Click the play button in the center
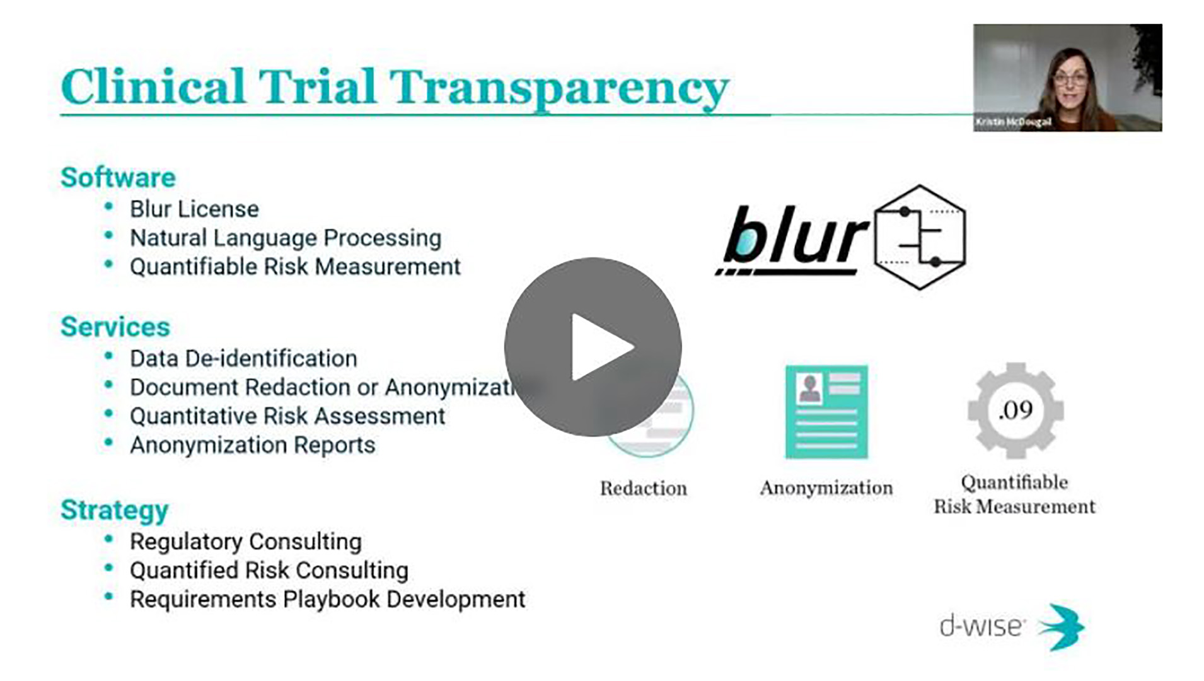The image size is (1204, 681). pyautogui.click(x=593, y=347)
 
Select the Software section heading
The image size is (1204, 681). pyautogui.click(x=118, y=177)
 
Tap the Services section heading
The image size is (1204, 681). pyautogui.click(x=115, y=327)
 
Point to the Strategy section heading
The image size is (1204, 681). pyautogui.click(x=115, y=509)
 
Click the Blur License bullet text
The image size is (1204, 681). pyautogui.click(x=194, y=209)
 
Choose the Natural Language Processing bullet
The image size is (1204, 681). pyautogui.click(x=285, y=238)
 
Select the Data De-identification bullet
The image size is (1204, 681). pyautogui.click(x=243, y=358)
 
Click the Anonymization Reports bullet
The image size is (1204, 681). pyautogui.click(x=252, y=445)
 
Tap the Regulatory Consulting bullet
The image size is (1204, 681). pyautogui.click(x=245, y=541)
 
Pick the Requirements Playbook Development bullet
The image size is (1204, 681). pyautogui.click(x=327, y=598)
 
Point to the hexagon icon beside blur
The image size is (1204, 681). pyautogui.click(x=920, y=237)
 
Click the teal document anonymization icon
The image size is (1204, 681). pyautogui.click(x=826, y=412)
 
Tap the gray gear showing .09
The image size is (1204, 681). pyautogui.click(x=1015, y=410)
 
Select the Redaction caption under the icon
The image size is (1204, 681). pyautogui.click(x=643, y=488)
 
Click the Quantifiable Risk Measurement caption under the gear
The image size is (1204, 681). pyautogui.click(x=1014, y=494)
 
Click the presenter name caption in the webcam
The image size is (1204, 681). pyautogui.click(x=1013, y=122)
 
